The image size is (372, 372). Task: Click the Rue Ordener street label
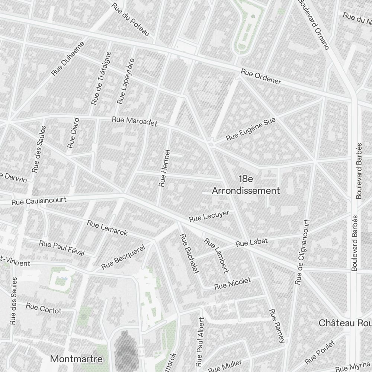[x=260, y=76]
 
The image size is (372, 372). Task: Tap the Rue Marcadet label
[x=135, y=121]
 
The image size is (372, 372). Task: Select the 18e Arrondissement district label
[x=246, y=185]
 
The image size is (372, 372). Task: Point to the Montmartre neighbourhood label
[x=76, y=359]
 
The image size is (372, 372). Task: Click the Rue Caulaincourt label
[x=39, y=201]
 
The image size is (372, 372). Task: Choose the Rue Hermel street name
[x=164, y=168]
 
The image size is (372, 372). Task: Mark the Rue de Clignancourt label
[x=302, y=252]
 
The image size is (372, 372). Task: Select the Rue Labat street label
[x=251, y=243]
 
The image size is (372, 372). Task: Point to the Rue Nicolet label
[x=232, y=283]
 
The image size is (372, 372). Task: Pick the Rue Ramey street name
[x=277, y=325]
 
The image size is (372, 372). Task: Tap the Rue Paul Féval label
[x=62, y=248]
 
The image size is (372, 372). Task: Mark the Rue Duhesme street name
[x=68, y=58]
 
